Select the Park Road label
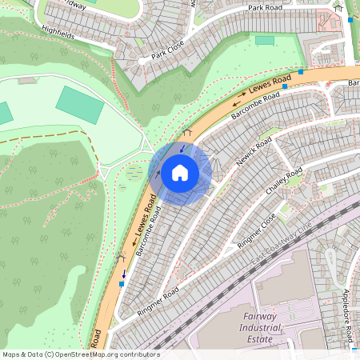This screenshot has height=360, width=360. [266, 8]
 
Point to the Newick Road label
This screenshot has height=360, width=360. [254, 151]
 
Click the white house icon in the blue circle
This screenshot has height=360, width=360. [180, 172]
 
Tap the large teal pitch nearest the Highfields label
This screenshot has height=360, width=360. [79, 105]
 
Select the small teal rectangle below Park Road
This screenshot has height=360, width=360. [264, 40]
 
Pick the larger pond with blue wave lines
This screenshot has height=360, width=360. [133, 172]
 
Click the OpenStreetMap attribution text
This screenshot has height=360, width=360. [80, 354]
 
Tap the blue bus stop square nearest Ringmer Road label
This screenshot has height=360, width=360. [122, 282]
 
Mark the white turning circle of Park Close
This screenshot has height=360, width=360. [142, 60]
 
